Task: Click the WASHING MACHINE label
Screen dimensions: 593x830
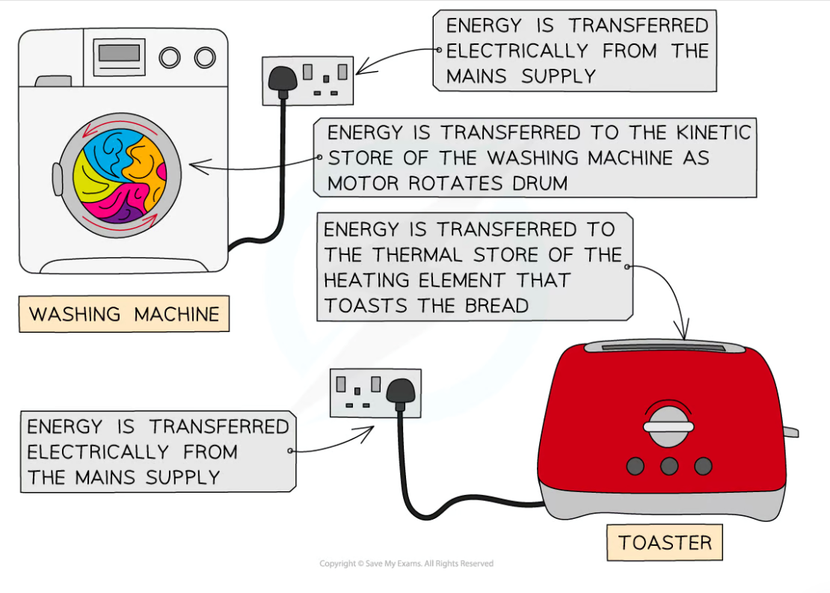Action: pos(123,314)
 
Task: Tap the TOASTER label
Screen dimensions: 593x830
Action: pos(665,542)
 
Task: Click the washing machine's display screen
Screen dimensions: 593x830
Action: pos(119,54)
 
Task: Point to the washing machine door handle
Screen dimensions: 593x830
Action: pos(58,179)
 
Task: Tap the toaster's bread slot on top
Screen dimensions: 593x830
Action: pos(664,346)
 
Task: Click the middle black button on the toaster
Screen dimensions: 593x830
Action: pos(668,466)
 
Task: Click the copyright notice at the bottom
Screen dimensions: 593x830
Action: pos(406,563)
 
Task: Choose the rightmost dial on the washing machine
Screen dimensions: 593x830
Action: pos(204,58)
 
